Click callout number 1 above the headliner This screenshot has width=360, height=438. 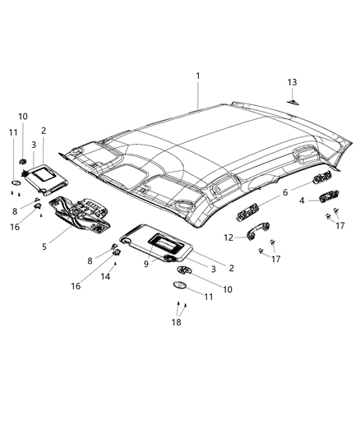(197, 76)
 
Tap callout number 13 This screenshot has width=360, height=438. (292, 82)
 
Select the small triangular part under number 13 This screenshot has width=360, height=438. (293, 101)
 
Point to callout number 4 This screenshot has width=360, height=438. (302, 200)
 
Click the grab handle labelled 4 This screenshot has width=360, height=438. (326, 197)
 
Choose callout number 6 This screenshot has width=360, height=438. (285, 191)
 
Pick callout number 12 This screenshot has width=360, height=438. (229, 237)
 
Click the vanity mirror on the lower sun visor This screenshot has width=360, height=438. (161, 242)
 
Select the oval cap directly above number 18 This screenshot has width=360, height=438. (180, 284)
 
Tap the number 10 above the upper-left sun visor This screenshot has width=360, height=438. (23, 117)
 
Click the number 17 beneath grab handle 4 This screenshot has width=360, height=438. (341, 225)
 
